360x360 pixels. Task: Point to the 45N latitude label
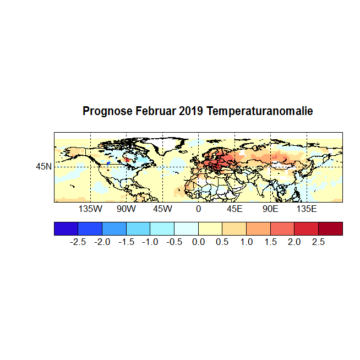[x=44, y=166]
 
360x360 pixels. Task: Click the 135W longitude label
[x=90, y=209]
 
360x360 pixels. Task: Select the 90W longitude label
[x=126, y=209]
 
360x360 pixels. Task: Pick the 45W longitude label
[x=162, y=209]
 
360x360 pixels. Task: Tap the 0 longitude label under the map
[x=198, y=209]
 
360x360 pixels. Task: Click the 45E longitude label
[x=234, y=209]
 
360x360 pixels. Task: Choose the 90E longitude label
[x=270, y=209]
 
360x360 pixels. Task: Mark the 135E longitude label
[x=307, y=209]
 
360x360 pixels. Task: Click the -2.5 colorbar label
[x=78, y=242]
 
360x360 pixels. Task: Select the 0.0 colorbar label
[x=199, y=242]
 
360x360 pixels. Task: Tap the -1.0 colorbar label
[x=150, y=242]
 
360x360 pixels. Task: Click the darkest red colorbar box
[x=330, y=228]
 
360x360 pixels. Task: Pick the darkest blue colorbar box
[x=66, y=228]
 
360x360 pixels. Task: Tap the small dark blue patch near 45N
[x=109, y=163]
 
